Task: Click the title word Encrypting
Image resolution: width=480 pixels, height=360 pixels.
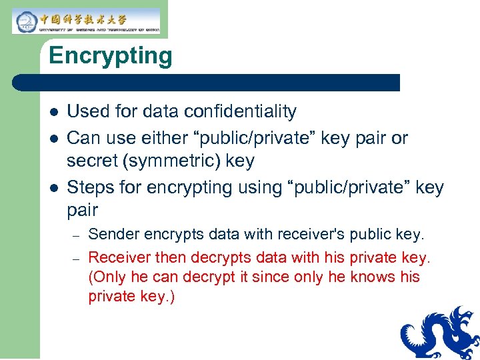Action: point(110,56)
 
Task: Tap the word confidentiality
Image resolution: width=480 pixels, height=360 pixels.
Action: point(241,111)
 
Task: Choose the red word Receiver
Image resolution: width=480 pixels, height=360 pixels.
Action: point(119,257)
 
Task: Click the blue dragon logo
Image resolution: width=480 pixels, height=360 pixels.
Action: point(439,333)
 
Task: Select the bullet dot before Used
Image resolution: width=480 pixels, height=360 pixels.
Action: point(53,112)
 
